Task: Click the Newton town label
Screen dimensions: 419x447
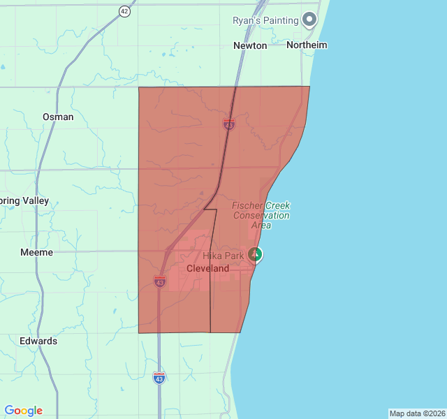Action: pyautogui.click(x=250, y=45)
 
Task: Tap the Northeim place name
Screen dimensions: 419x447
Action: pyautogui.click(x=307, y=45)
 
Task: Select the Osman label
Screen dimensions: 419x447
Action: pyautogui.click(x=58, y=117)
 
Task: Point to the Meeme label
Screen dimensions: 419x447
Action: pyautogui.click(x=36, y=252)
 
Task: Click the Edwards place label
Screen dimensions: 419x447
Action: pyautogui.click(x=38, y=341)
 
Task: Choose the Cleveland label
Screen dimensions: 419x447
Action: pyautogui.click(x=207, y=268)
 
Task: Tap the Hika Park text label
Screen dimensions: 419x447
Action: pyautogui.click(x=223, y=256)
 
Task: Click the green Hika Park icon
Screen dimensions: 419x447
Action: pyautogui.click(x=256, y=254)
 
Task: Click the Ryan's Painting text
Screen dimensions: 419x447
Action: pyautogui.click(x=265, y=20)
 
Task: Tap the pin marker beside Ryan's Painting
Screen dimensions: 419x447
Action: pyautogui.click(x=309, y=19)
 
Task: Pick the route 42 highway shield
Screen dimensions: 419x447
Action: pyautogui.click(x=124, y=11)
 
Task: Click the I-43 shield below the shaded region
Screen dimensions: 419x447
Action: pyautogui.click(x=159, y=377)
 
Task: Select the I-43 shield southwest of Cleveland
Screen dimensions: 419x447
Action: pyautogui.click(x=160, y=281)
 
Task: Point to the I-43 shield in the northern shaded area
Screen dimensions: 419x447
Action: pyautogui.click(x=229, y=124)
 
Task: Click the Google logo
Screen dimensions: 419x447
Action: pyautogui.click(x=23, y=411)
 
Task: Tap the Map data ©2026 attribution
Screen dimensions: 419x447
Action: pyautogui.click(x=417, y=413)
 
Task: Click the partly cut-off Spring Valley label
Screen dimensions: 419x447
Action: pyautogui.click(x=24, y=200)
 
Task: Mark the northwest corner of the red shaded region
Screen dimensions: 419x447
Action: pyautogui.click(x=139, y=87)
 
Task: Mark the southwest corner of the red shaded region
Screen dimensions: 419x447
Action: pyautogui.click(x=138, y=332)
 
